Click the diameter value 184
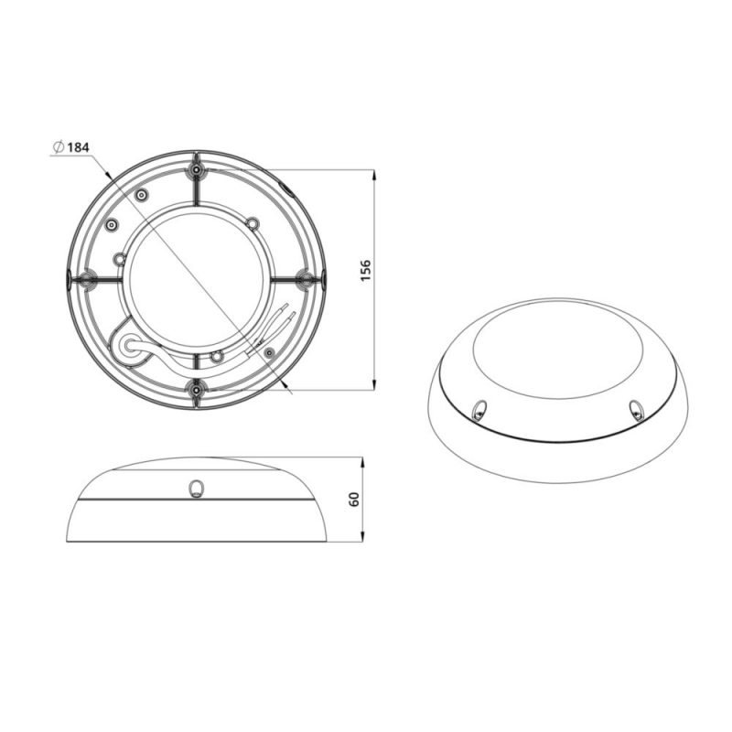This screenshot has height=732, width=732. (x=78, y=147)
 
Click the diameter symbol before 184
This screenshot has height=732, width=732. (x=59, y=147)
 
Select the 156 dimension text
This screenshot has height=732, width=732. (x=365, y=270)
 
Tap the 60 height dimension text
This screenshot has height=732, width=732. (x=354, y=500)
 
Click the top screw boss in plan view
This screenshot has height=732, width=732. (x=197, y=170)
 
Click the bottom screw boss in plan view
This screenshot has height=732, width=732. (x=197, y=387)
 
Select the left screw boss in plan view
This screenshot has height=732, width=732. (x=86, y=280)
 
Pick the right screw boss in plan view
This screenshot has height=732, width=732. (x=306, y=279)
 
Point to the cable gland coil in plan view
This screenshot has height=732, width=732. (x=128, y=347)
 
